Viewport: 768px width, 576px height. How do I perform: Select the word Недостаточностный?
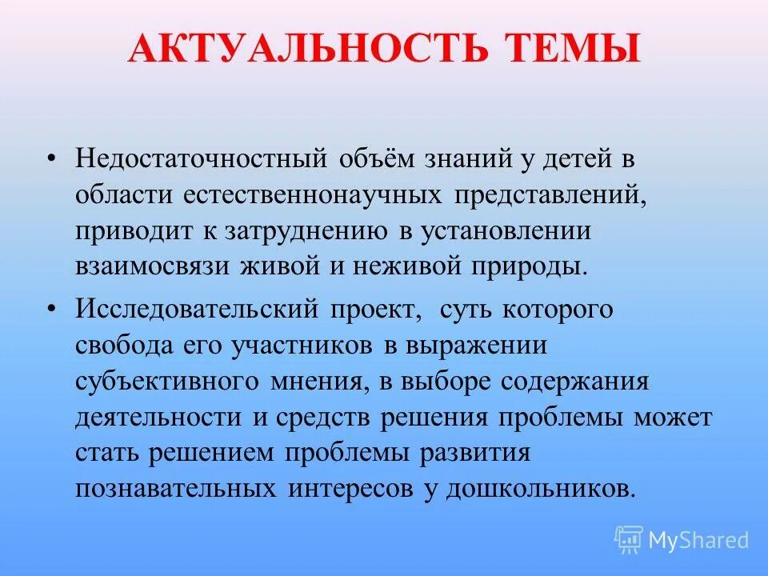pos(202,157)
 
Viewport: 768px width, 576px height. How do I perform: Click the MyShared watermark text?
pos(698,540)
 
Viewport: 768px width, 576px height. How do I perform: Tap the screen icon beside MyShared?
pos(629,540)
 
